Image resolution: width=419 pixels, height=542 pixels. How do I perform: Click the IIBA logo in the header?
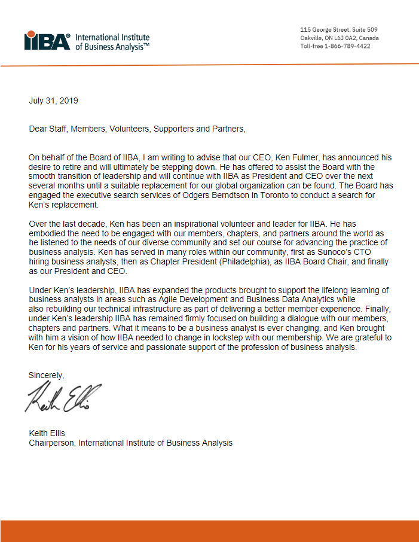47,41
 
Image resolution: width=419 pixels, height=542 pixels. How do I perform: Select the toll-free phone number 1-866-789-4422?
348,46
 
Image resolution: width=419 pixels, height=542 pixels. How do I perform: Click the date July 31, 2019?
53,101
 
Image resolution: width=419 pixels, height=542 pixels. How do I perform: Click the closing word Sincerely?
46,375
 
